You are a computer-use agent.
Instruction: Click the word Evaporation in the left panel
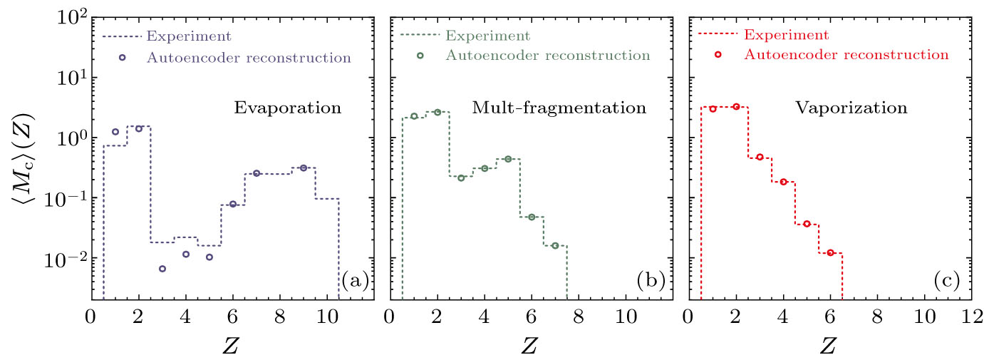288,109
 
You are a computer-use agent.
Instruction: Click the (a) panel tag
355,281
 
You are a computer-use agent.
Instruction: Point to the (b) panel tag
651,281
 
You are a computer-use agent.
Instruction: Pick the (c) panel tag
947,281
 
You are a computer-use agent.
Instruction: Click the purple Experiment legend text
188,35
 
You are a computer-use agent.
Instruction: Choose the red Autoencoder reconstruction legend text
846,54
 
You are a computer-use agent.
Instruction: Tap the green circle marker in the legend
420,55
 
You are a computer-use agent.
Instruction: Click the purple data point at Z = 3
162,269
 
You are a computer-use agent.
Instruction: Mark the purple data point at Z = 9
303,168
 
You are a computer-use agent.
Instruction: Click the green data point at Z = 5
508,159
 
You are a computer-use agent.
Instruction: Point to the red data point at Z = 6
830,252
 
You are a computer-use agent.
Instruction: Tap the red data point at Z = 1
713,108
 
